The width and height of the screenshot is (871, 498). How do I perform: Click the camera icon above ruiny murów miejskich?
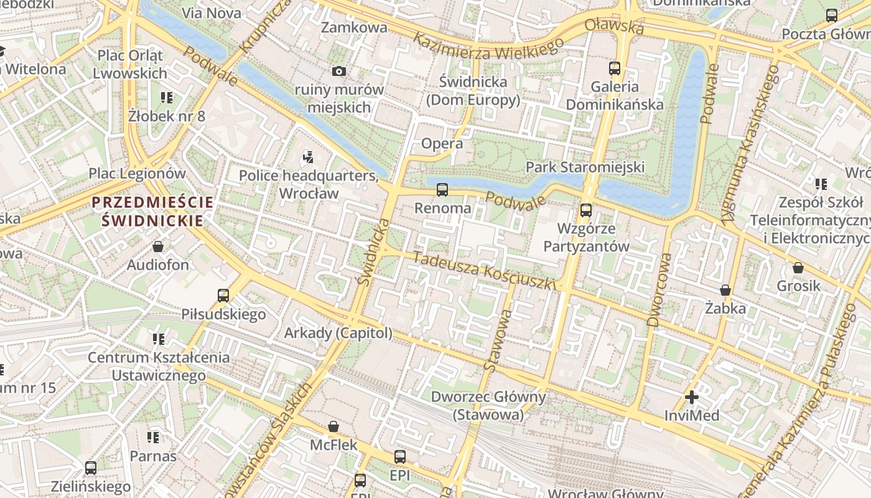click(338, 72)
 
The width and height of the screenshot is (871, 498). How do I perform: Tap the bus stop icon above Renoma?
click(442, 189)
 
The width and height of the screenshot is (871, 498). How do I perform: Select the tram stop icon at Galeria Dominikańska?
click(615, 68)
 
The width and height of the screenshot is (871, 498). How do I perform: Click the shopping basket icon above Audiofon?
click(158, 247)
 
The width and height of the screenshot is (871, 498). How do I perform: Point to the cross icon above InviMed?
click(691, 397)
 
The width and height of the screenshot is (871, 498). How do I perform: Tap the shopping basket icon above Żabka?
click(725, 290)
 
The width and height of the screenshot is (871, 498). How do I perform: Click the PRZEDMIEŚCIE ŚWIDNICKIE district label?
click(152, 211)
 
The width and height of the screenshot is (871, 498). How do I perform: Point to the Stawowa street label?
click(498, 342)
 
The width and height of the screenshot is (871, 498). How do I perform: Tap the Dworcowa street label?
click(659, 289)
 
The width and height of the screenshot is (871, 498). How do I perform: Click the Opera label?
click(442, 144)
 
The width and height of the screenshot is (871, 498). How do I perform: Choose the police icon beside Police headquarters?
click(308, 157)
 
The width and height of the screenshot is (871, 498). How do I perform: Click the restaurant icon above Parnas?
click(152, 438)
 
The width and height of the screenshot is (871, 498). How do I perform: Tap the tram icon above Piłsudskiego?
click(223, 295)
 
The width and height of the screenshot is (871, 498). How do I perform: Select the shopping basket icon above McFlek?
click(333, 426)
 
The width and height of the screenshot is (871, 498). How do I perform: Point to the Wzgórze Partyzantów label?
click(586, 237)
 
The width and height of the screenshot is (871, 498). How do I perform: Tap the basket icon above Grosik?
click(798, 268)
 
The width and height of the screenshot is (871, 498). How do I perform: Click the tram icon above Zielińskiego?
click(91, 468)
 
